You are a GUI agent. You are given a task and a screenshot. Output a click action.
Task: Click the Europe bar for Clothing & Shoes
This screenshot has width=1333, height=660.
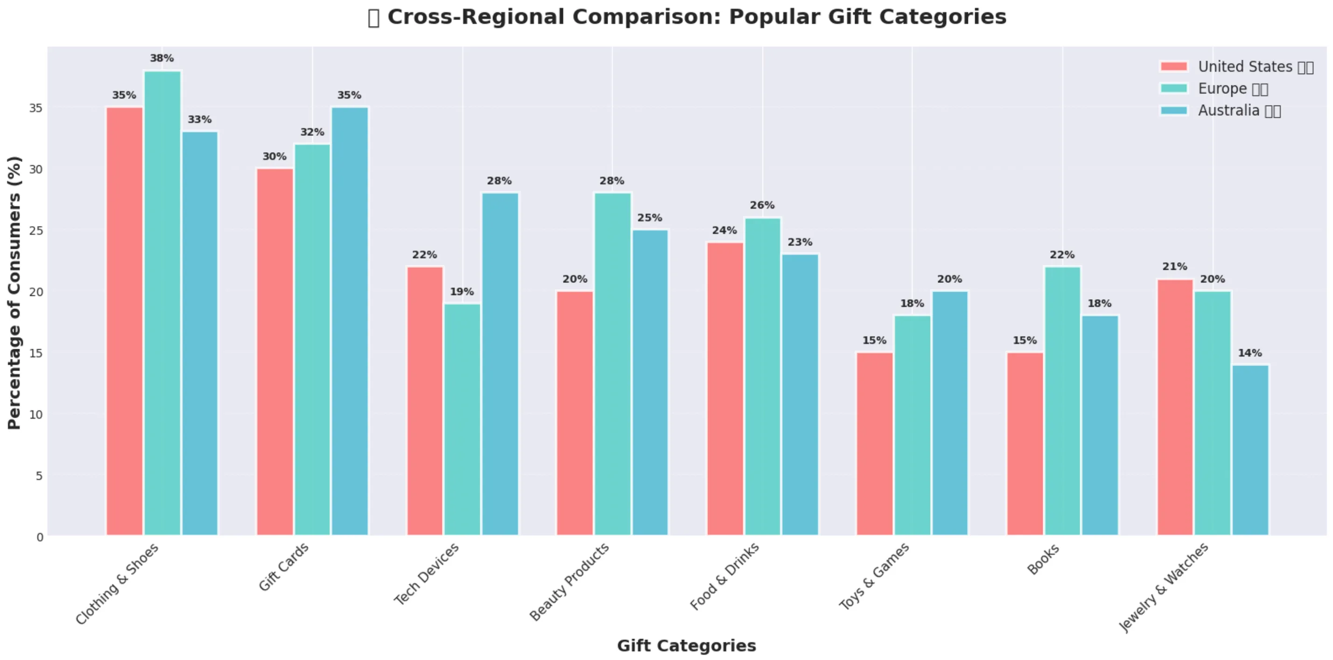coord(162,303)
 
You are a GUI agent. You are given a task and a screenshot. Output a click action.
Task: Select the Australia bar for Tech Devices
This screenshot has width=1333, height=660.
coord(500,364)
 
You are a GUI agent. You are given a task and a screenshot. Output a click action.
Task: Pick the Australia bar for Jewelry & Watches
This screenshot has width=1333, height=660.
coord(1250,450)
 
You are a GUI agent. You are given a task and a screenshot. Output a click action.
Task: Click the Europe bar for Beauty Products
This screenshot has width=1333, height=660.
coord(612,364)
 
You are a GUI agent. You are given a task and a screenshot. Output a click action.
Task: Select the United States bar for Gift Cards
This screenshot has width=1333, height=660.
coord(275,351)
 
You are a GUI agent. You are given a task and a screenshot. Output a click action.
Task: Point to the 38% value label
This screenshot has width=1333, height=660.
coord(162,58)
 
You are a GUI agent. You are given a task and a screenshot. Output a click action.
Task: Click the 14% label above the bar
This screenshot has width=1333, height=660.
coord(1250,353)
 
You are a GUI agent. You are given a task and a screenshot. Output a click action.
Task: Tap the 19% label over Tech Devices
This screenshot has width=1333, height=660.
coord(462,292)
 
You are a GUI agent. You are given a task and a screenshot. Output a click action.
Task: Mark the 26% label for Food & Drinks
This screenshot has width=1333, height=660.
coord(762,205)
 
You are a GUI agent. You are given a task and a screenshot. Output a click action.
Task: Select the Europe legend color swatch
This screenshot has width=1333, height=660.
coord(1174,89)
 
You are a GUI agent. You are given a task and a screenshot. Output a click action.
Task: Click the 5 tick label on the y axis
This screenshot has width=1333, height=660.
coord(39,476)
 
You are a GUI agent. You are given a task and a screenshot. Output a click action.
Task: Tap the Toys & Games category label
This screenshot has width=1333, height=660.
coord(874,576)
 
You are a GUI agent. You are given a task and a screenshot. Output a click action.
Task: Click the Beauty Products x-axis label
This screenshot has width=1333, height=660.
coord(569,582)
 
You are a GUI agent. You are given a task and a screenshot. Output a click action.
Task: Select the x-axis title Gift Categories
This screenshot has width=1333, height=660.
coord(686,646)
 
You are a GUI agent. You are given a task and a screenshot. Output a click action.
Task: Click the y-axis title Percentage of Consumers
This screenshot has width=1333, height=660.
coord(14,293)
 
